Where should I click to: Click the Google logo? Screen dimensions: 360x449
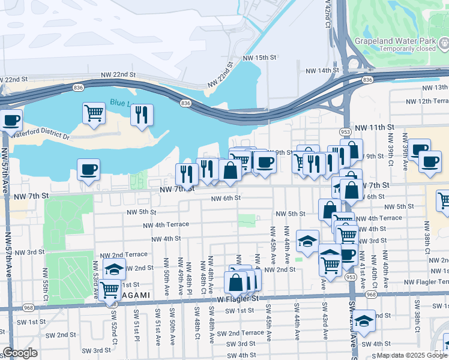coord(20,353)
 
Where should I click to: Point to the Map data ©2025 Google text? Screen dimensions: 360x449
coord(412,355)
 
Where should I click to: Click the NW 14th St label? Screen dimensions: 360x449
coord(322,71)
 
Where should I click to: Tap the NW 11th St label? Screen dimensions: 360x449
coord(373,128)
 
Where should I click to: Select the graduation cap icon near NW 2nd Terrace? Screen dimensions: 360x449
coord(114,269)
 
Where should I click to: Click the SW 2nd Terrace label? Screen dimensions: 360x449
coord(240,333)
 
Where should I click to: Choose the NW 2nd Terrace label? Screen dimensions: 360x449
coord(123,255)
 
